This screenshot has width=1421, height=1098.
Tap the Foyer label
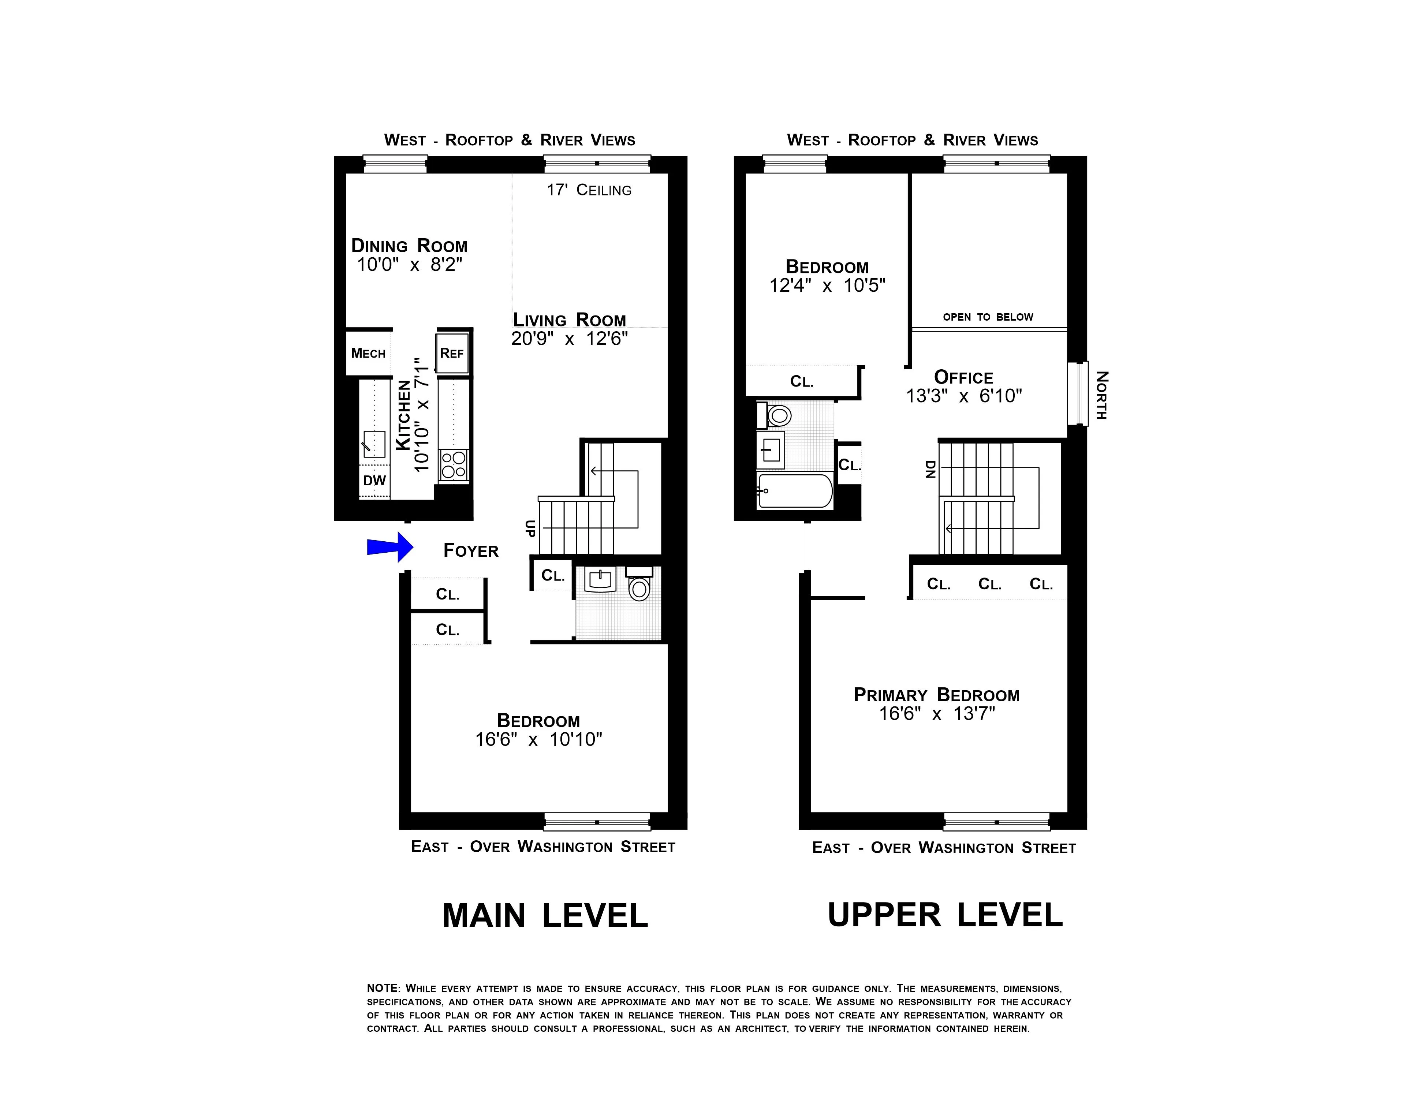click(x=470, y=551)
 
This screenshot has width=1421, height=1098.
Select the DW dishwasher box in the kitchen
click(x=374, y=481)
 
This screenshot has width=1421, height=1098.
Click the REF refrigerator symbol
click(x=452, y=353)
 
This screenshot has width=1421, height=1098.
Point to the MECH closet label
click(x=368, y=353)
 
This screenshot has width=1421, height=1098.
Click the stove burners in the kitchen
click(x=454, y=465)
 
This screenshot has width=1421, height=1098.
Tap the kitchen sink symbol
click(x=374, y=444)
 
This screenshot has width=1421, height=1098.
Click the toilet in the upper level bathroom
click(x=777, y=415)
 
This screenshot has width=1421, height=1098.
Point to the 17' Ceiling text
click(x=589, y=190)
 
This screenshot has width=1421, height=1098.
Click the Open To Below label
click(x=988, y=317)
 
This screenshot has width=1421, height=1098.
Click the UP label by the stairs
click(x=530, y=528)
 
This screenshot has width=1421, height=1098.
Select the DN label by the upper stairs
click(x=930, y=469)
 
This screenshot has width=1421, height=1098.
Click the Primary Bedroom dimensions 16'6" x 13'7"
click(x=937, y=714)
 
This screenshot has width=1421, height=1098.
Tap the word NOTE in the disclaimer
click(x=382, y=988)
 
